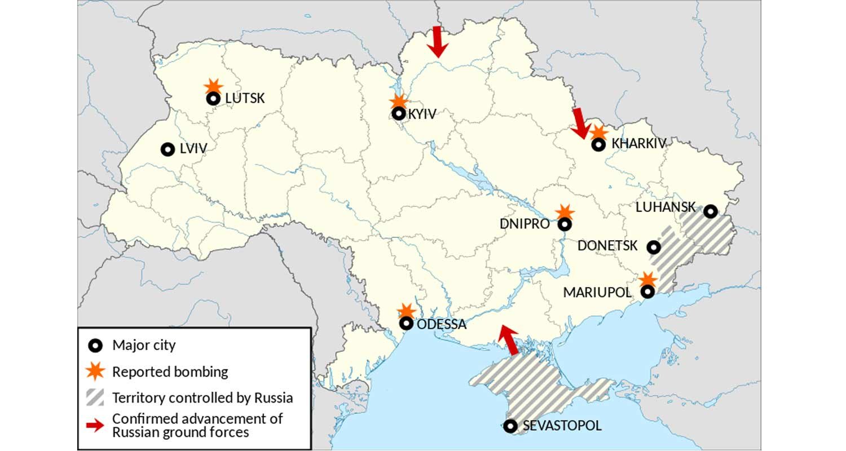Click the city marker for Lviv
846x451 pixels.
(168, 149)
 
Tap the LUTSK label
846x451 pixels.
(245, 99)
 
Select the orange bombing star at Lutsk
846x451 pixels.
(213, 86)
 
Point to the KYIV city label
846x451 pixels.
(422, 114)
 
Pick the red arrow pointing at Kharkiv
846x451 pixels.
(579, 123)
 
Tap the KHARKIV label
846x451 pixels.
(638, 144)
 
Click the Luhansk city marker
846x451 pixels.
(711, 211)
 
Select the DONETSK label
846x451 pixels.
(607, 246)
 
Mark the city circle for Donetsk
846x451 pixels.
(654, 247)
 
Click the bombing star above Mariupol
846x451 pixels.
(648, 279)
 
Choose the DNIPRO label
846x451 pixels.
(525, 224)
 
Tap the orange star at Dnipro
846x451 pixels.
(564, 212)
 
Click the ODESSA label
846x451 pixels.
(442, 324)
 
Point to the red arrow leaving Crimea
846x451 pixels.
(509, 340)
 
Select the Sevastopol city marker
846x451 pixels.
(510, 426)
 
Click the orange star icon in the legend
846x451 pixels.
(96, 372)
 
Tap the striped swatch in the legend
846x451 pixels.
(96, 397)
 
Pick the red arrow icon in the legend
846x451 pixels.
(96, 426)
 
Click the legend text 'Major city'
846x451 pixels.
(144, 345)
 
